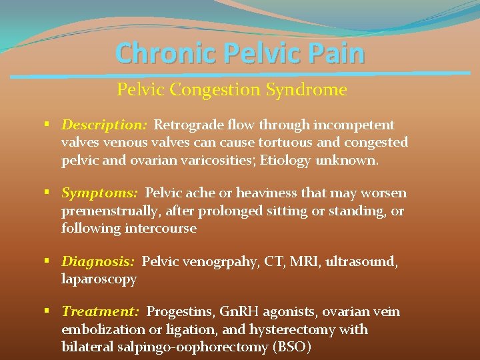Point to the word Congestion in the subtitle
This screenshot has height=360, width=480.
[x=211, y=89]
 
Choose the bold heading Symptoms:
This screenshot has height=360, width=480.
[x=100, y=193]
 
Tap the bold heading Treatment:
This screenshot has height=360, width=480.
[x=100, y=311]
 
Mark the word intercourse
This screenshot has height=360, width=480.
[x=160, y=228]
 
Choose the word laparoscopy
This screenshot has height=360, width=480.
[x=99, y=279]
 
